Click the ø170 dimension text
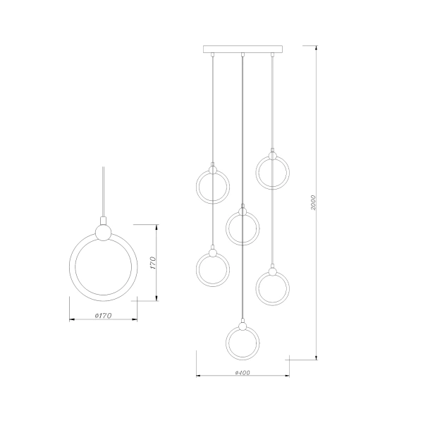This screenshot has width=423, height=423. tap(104, 315)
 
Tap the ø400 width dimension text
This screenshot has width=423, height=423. tap(243, 372)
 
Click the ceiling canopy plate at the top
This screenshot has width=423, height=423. tap(242, 50)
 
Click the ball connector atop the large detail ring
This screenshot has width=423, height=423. tap(104, 232)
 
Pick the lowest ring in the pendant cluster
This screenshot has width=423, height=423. tap(242, 343)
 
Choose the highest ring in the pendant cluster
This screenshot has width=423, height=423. tap(272, 173)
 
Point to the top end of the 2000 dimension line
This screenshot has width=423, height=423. tap(317, 46)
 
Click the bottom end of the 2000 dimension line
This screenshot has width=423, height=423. tap(317, 359)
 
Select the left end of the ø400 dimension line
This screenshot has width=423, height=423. tap(196, 375)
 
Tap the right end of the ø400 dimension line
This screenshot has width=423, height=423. tap(288, 375)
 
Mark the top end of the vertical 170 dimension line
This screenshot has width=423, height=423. tap(156, 224)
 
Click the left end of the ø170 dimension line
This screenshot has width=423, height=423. tap(70, 319)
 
